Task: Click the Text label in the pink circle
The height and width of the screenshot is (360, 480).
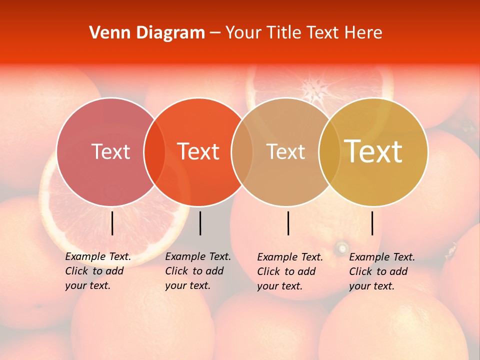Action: click(110, 151)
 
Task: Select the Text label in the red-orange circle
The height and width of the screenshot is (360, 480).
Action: click(198, 151)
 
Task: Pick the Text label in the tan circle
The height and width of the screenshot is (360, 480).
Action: click(285, 151)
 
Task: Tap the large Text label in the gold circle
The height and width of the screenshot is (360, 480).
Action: click(373, 151)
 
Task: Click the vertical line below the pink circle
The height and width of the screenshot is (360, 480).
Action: click(112, 223)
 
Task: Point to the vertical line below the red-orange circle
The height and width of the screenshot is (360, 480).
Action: click(200, 223)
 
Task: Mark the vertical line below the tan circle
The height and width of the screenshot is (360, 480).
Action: click(288, 223)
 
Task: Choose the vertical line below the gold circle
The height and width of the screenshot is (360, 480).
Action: click(372, 223)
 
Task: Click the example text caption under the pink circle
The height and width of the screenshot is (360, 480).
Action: click(98, 271)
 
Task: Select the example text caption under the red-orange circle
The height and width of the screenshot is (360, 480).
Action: click(198, 271)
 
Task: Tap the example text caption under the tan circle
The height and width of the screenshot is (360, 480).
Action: click(290, 271)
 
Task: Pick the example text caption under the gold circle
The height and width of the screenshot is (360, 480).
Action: click(382, 271)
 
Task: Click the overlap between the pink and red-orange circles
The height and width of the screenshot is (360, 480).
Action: click(154, 151)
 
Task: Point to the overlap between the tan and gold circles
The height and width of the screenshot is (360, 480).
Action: click(329, 151)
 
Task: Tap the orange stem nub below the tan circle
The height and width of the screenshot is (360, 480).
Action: click(342, 247)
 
